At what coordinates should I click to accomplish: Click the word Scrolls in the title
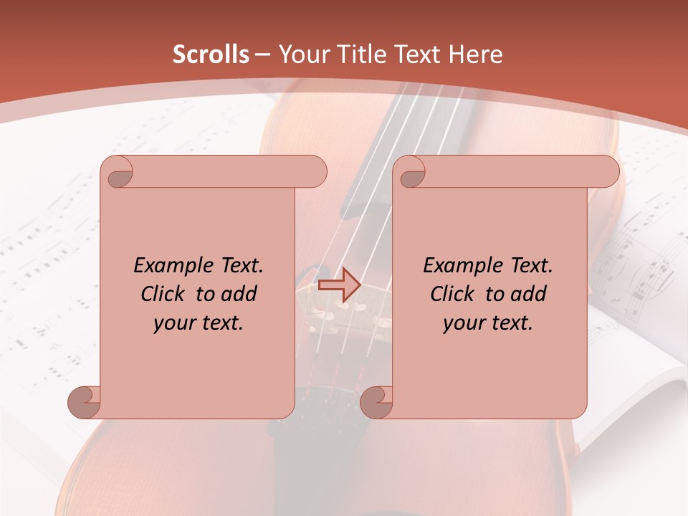tap(211, 54)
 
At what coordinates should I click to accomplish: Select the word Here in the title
tap(475, 54)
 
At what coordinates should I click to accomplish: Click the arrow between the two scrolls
tap(339, 285)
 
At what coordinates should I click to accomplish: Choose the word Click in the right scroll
tap(452, 294)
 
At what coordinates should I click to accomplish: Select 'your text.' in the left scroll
tap(199, 322)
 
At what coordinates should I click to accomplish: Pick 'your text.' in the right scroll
tap(488, 322)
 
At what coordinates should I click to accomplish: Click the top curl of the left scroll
tap(118, 173)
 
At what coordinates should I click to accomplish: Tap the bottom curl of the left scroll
tap(83, 402)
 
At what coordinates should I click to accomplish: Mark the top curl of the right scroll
tap(411, 173)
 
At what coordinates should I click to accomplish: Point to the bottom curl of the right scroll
tap(376, 402)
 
